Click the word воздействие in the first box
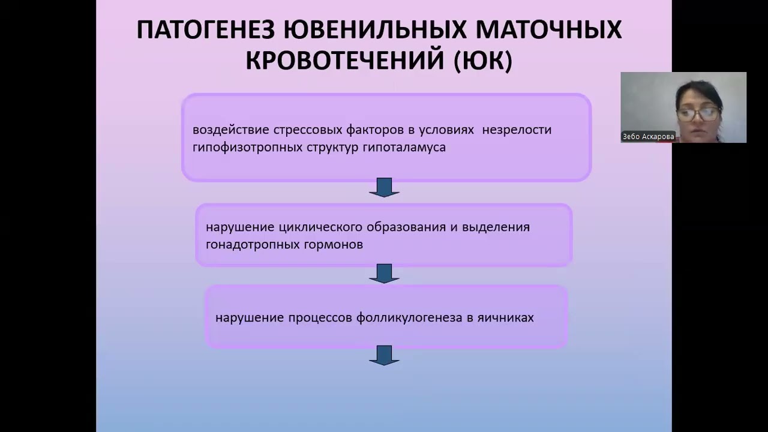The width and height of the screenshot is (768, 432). pyautogui.click(x=231, y=130)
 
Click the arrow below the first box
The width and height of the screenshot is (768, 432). pyautogui.click(x=383, y=187)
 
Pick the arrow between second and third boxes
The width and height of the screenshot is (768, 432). pyautogui.click(x=383, y=274)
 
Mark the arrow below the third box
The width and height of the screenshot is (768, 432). pyautogui.click(x=383, y=355)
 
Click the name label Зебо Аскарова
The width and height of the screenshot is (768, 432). pyautogui.click(x=648, y=137)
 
